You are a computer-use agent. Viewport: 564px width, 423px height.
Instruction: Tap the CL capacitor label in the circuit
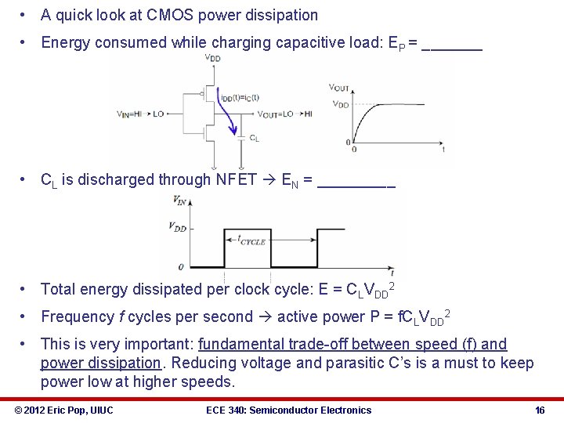click(254, 139)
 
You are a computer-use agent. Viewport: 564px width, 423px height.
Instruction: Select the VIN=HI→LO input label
click(140, 114)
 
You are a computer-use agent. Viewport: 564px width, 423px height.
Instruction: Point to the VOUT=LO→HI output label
click(284, 114)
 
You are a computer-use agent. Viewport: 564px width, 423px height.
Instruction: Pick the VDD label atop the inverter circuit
click(212, 57)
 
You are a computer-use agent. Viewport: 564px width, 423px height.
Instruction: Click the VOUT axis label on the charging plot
click(339, 88)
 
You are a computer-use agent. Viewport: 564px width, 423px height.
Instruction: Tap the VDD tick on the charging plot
click(340, 104)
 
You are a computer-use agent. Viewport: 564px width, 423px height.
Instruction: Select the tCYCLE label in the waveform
click(252, 241)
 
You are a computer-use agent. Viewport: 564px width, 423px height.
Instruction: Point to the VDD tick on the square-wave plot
click(178, 227)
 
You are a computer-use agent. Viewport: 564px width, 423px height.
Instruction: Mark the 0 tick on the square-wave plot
click(181, 266)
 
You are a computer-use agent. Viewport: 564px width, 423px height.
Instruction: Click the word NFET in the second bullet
click(237, 179)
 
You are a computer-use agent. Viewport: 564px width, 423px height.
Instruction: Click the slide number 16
click(540, 410)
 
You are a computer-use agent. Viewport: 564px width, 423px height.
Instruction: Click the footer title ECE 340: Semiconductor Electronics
click(288, 410)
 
